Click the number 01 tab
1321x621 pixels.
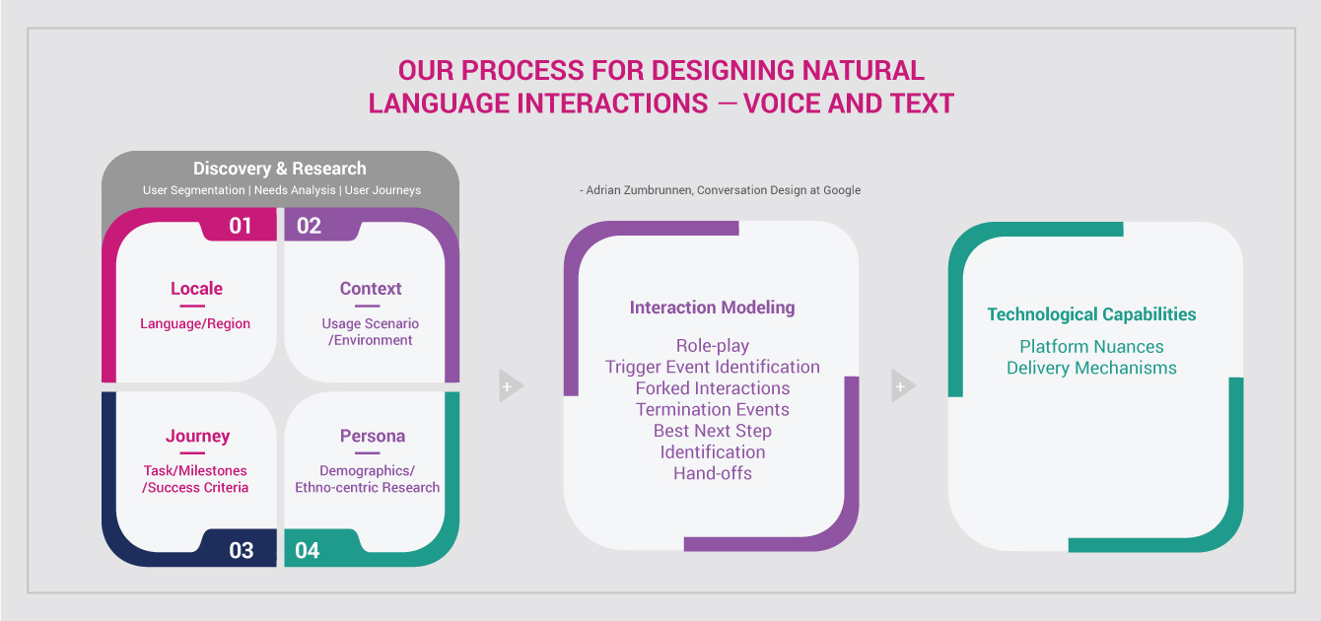click(240, 226)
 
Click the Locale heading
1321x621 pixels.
click(196, 289)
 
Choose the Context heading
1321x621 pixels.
click(371, 289)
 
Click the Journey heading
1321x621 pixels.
click(197, 436)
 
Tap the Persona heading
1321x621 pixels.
click(373, 436)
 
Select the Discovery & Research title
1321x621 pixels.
click(280, 169)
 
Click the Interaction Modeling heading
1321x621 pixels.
click(713, 308)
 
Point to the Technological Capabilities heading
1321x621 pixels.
click(1091, 314)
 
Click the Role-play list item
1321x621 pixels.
click(713, 346)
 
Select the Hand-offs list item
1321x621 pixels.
click(713, 473)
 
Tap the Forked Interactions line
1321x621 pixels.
click(713, 388)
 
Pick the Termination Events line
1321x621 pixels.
click(713, 409)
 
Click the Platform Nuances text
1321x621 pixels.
click(1091, 346)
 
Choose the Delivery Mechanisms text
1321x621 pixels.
click(1091, 368)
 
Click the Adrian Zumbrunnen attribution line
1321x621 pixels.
click(720, 190)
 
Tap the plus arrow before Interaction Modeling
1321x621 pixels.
click(511, 386)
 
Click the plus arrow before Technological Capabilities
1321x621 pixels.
click(903, 386)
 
